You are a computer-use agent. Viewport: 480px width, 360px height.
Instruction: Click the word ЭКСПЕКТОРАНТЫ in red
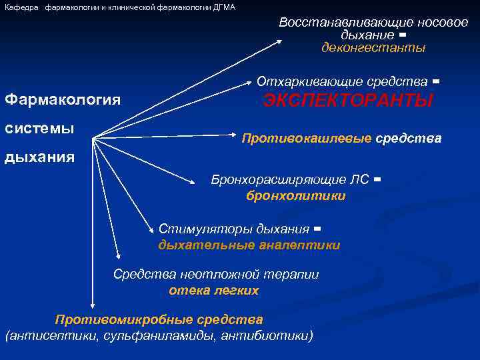tap(348, 101)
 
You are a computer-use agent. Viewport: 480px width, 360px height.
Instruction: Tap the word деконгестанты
tap(373, 48)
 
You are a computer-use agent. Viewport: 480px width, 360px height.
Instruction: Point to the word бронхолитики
tap(296, 196)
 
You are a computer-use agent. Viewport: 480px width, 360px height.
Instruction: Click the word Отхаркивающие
tap(301, 82)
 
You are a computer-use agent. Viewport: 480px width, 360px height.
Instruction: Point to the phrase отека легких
tap(214, 291)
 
